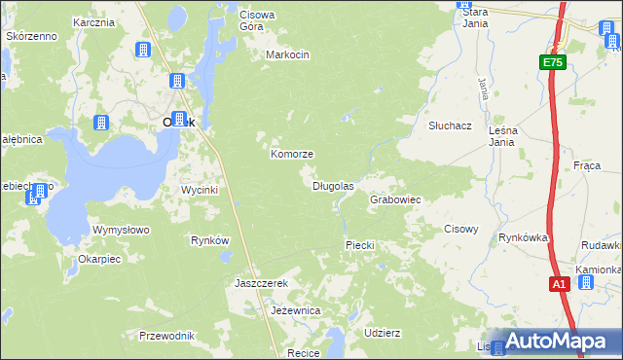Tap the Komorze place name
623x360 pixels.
pyautogui.click(x=291, y=155)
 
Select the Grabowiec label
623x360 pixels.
pyautogui.click(x=394, y=199)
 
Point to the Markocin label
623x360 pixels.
pyautogui.click(x=287, y=54)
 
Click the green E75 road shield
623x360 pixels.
pyautogui.click(x=553, y=62)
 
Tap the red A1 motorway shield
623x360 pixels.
pyautogui.click(x=559, y=284)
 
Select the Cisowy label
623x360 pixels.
pyautogui.click(x=460, y=230)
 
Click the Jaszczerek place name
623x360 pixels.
pyautogui.click(x=262, y=283)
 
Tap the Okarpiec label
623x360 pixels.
pyautogui.click(x=99, y=260)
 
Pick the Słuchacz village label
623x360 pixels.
pyautogui.click(x=450, y=126)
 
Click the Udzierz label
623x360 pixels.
pyautogui.click(x=382, y=332)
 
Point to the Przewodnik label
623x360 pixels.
pyautogui.click(x=166, y=336)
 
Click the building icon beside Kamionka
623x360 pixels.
pyautogui.click(x=586, y=282)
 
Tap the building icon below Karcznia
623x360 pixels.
pyautogui.click(x=143, y=50)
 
